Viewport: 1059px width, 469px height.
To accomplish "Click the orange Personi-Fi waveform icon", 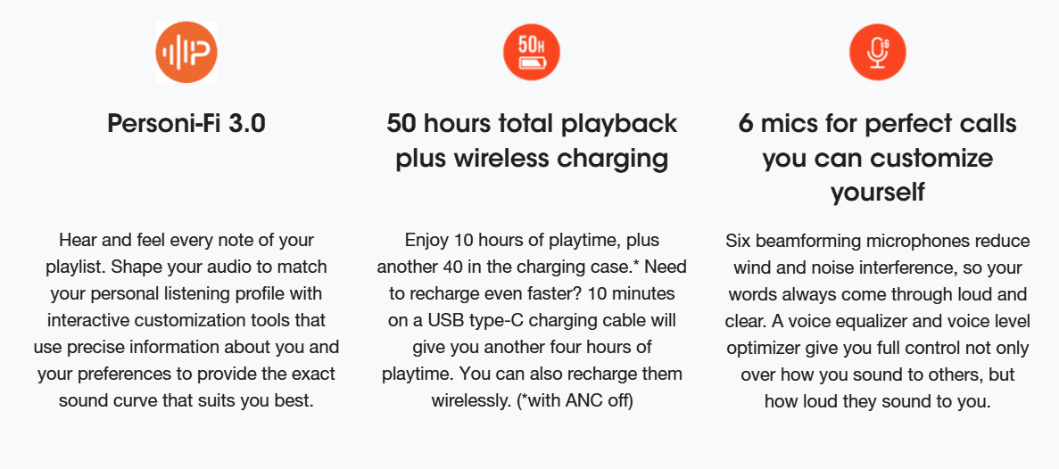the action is click(x=186, y=52).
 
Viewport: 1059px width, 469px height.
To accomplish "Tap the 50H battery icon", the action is click(x=532, y=52).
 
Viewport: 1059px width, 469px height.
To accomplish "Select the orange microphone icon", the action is click(x=877, y=52).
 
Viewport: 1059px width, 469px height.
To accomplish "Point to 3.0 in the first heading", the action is click(x=249, y=125).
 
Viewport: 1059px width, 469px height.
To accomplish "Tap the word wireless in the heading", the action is click(x=499, y=160).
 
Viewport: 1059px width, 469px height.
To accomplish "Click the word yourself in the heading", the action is click(x=877, y=193).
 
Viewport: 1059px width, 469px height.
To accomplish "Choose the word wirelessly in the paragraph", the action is click(x=471, y=399).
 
